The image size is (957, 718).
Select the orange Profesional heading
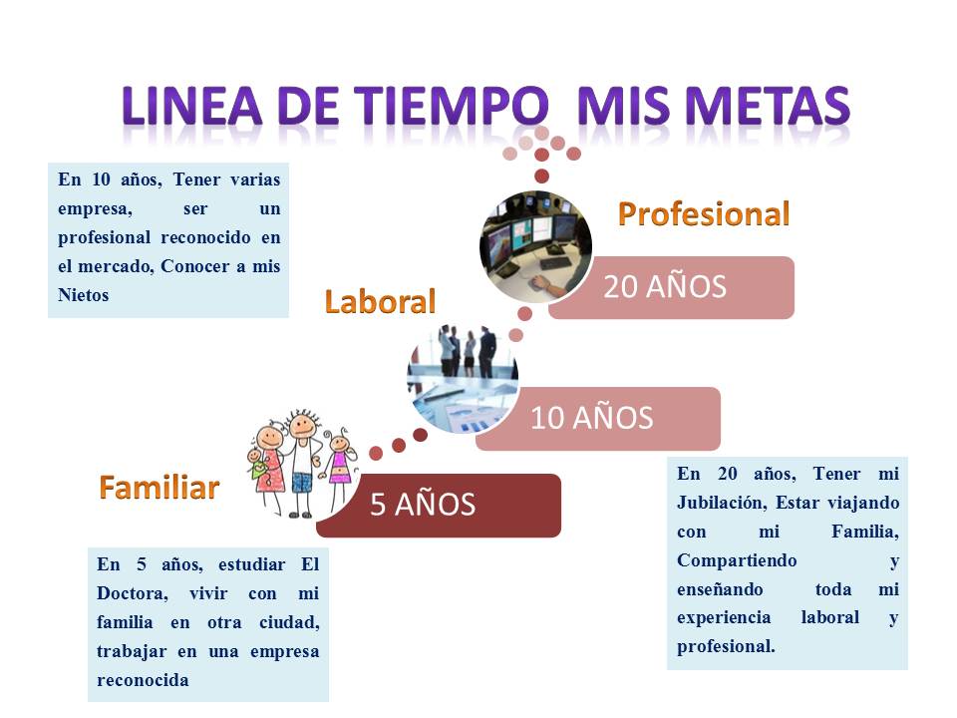704,213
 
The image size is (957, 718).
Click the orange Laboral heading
381,301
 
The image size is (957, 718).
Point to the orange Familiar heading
159,488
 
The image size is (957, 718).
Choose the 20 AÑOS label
665,287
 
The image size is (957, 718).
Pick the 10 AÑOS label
591,418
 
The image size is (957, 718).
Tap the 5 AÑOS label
423,505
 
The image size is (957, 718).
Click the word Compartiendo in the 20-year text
737,560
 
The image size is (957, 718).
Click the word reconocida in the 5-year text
143,679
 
